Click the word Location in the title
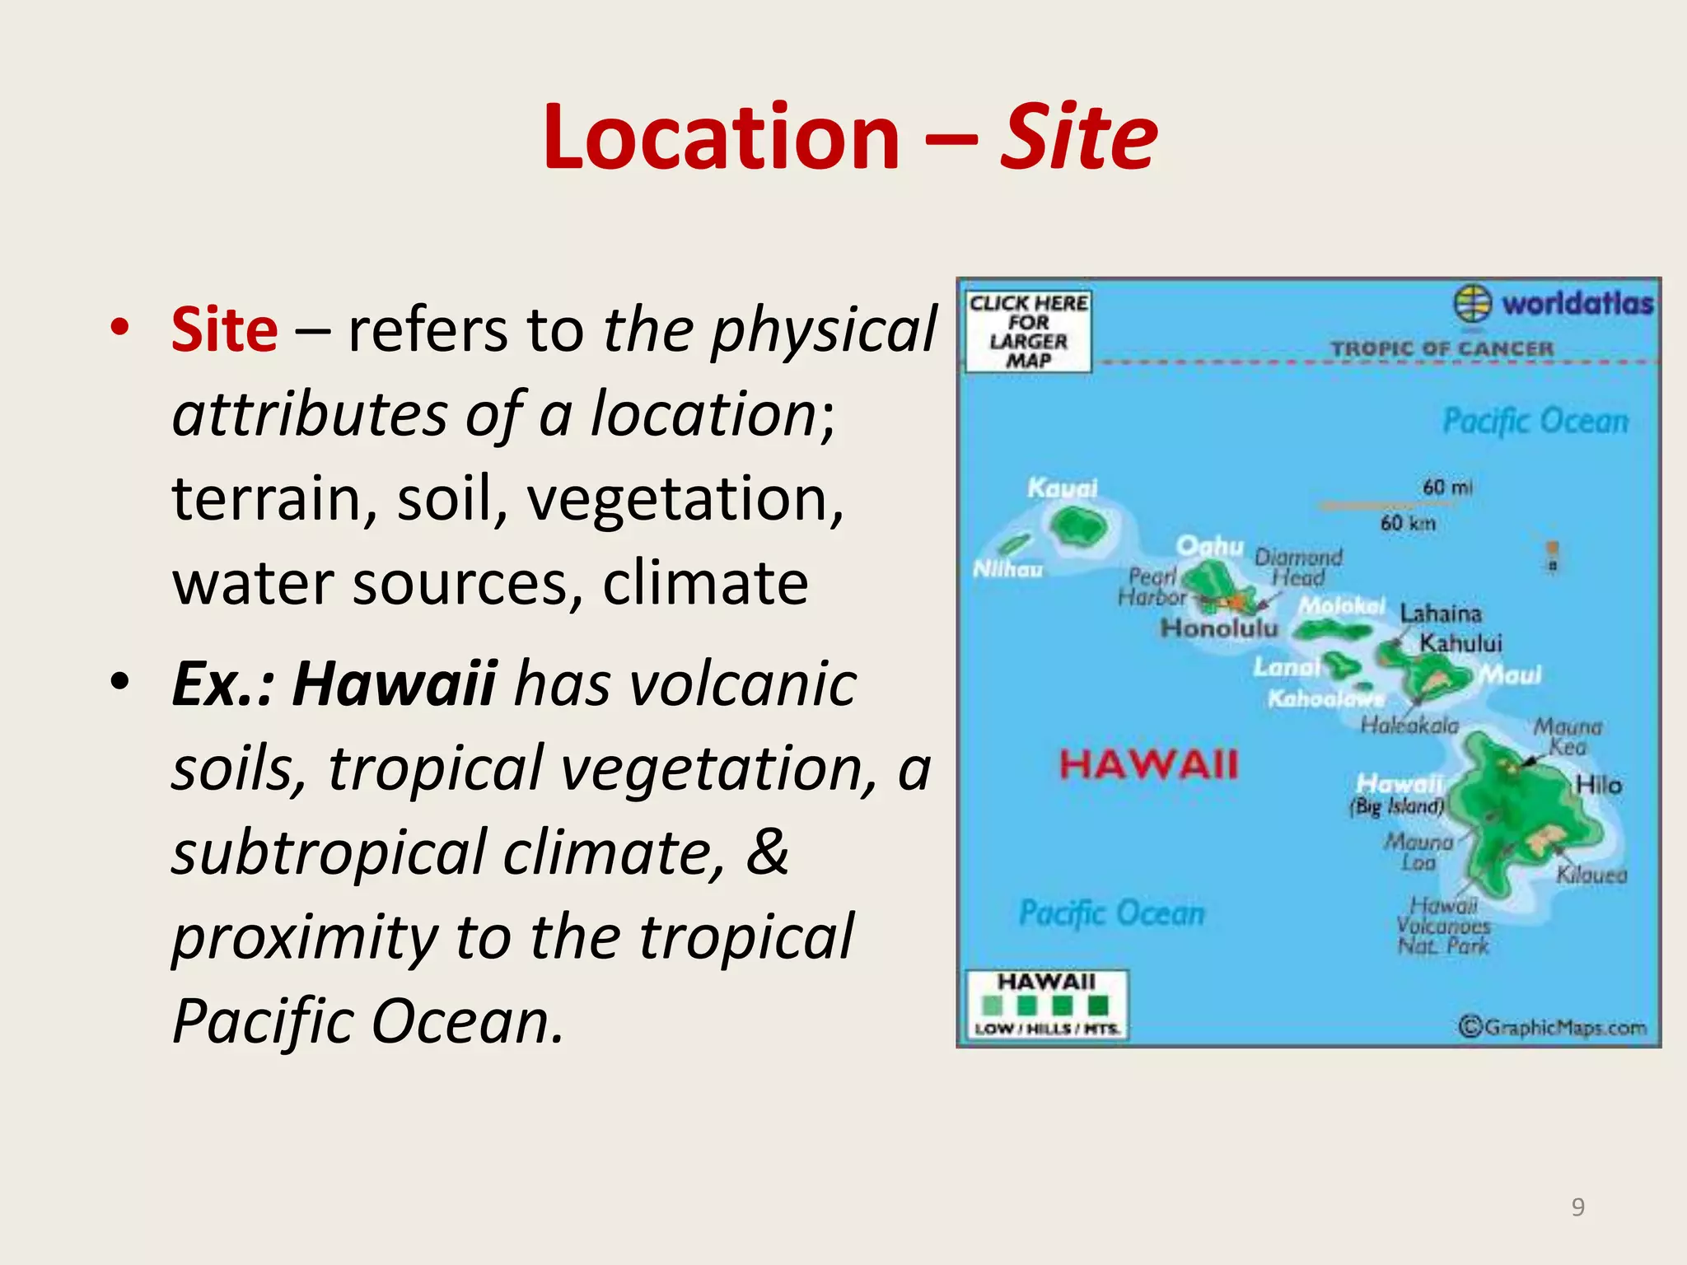tap(722, 137)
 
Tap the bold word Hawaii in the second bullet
tap(394, 684)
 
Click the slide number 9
tap(1577, 1207)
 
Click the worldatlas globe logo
tap(1472, 303)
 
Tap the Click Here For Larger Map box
tap(1028, 332)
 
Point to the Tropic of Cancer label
tap(1442, 348)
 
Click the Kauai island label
tap(1062, 488)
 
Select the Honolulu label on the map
tap(1219, 629)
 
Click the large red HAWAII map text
tap(1148, 764)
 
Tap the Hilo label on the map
tap(1598, 785)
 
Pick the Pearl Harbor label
tap(1152, 586)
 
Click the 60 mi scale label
tap(1446, 487)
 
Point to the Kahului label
tap(1460, 642)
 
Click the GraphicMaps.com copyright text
tap(1553, 1027)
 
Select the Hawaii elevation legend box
tap(1046, 1005)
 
